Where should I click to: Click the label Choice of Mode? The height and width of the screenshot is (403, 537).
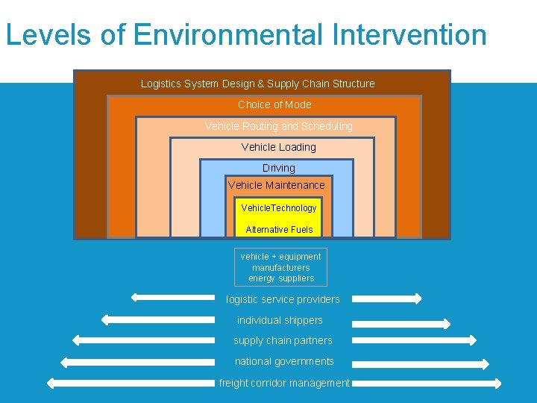point(274,104)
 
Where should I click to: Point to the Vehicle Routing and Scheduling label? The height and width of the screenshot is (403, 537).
point(279,126)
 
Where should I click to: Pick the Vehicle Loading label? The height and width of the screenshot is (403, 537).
point(279,147)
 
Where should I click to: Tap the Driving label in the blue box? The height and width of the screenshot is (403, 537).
point(279,168)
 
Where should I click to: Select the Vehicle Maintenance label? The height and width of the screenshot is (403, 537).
point(277,185)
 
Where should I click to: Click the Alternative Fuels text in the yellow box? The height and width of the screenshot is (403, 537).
point(279,229)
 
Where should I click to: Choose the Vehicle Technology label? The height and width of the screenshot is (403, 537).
point(279,207)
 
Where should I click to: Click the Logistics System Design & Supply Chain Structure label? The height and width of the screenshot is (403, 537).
point(258,84)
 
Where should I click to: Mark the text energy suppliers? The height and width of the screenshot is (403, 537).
point(281,278)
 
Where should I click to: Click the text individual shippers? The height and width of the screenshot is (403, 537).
point(280,320)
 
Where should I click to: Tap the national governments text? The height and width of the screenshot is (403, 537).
point(284,361)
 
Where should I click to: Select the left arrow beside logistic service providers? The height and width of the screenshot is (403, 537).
point(172,298)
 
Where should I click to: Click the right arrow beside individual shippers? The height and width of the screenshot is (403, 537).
point(401,324)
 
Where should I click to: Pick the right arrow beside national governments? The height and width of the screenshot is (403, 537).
point(421,365)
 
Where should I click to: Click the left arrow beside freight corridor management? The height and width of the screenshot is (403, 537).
point(131,383)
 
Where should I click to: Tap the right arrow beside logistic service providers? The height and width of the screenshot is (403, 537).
point(386,299)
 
